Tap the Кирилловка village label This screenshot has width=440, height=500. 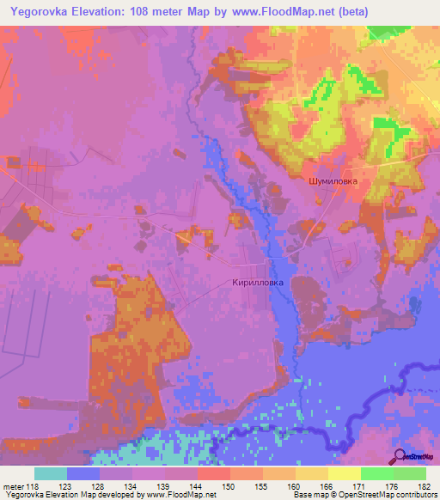point(257,282)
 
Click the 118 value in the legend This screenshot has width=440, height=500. point(34,485)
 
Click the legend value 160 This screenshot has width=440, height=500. point(296,485)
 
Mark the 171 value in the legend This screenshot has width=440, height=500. point(361,485)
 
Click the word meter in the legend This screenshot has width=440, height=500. point(12,485)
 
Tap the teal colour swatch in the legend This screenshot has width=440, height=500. point(51,473)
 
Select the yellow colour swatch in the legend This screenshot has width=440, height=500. point(345,473)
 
